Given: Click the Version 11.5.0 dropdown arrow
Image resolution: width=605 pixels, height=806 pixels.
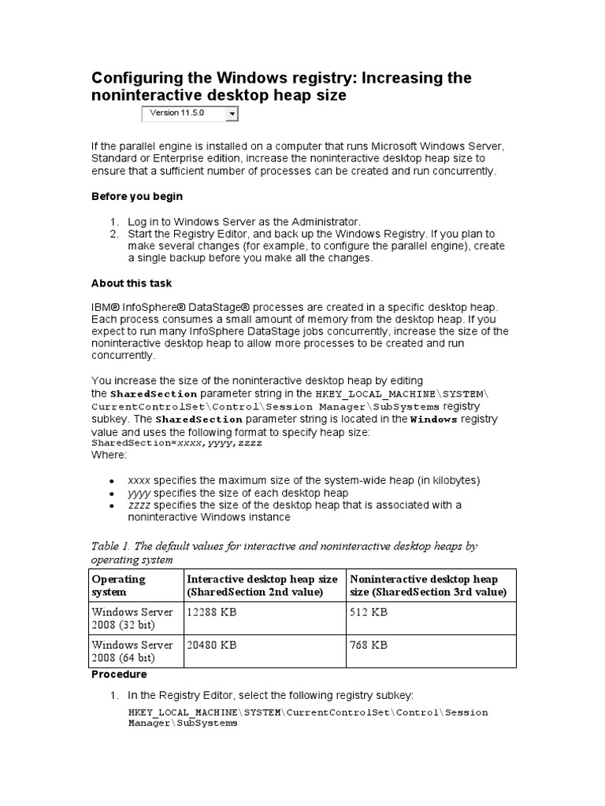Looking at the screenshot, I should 232,114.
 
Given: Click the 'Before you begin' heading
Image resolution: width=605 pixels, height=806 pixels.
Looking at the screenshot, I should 137,197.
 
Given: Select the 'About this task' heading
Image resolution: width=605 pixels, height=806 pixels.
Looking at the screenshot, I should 132,283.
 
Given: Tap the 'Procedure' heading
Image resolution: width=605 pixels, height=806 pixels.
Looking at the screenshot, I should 119,675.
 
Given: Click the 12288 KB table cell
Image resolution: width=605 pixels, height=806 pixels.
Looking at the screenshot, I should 211,612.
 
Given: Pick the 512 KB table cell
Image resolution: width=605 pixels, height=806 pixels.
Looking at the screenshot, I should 369,612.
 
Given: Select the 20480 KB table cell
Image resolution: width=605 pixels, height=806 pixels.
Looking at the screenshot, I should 211,645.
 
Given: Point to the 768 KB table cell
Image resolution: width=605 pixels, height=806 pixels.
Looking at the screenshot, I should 369,645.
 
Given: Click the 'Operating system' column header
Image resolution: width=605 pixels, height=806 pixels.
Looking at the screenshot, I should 119,586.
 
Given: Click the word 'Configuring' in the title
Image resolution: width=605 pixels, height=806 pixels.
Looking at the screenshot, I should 138,78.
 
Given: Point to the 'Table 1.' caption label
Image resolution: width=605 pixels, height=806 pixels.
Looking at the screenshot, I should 115,546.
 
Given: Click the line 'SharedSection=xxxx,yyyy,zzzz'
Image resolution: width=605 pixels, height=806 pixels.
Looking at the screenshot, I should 176,444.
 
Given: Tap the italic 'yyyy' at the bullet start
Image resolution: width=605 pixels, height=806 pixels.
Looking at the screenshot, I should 139,493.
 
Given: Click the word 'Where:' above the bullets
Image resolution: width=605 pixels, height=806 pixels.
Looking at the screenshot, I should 109,455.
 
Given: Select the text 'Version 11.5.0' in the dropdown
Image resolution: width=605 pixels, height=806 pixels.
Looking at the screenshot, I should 176,113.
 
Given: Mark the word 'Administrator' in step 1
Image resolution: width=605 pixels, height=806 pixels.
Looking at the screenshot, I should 328,221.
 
